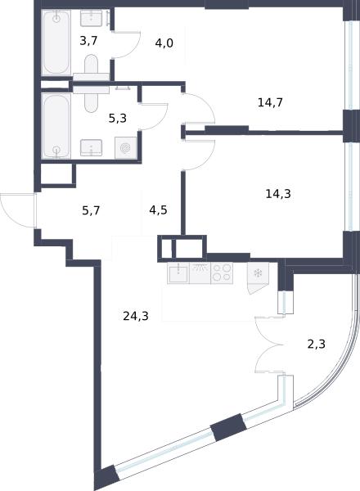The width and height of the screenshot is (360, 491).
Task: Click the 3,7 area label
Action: (x=88, y=41)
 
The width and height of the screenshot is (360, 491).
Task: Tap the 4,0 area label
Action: (x=164, y=43)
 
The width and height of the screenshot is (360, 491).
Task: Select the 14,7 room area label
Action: (x=270, y=102)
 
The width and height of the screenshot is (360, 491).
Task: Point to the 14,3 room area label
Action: (x=278, y=194)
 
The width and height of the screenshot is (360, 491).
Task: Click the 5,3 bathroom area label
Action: (x=117, y=119)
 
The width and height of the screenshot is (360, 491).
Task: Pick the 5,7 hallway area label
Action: (x=91, y=210)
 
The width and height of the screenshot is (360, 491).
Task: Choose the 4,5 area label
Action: (x=158, y=210)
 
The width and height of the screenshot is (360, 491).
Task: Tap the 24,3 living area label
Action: (x=136, y=316)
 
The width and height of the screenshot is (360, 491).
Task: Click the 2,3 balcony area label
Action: (x=316, y=344)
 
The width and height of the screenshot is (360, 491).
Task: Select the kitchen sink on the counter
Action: (x=178, y=273)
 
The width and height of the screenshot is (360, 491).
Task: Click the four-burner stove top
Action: (x=222, y=273)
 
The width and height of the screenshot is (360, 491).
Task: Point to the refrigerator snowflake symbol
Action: (x=259, y=273)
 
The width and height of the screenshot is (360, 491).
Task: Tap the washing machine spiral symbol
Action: (x=125, y=147)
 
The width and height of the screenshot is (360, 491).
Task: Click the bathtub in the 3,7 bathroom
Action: (x=56, y=43)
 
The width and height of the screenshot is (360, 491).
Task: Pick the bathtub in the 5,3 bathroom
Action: (x=56, y=126)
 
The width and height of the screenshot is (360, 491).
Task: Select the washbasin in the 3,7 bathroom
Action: (x=91, y=18)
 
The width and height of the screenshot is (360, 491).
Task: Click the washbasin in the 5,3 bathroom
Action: (x=91, y=147)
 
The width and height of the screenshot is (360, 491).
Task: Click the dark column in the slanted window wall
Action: (x=228, y=427)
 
